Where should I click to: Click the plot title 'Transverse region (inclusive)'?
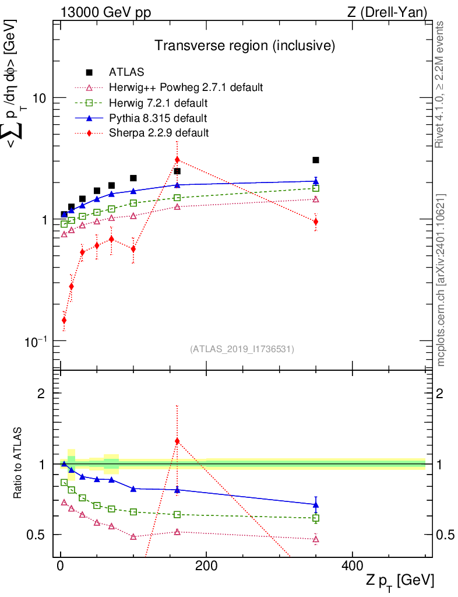point(244,45)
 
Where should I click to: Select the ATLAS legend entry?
point(126,72)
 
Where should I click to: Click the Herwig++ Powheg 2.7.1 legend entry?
point(186,87)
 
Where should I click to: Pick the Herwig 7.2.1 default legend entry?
point(158,103)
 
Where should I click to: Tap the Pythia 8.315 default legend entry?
point(158,118)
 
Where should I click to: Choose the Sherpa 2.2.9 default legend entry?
point(158,133)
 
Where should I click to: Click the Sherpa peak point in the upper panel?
point(177,160)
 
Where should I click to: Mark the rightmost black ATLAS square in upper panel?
point(315,160)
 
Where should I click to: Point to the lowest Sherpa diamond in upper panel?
point(64,320)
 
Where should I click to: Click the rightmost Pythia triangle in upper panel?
point(315,181)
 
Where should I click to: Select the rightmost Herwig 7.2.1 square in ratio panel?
point(315,518)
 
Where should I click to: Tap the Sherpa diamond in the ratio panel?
point(177,441)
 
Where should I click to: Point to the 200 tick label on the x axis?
point(206,567)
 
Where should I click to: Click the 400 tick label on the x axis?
point(351,567)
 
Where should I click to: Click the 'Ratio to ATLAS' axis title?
point(19,463)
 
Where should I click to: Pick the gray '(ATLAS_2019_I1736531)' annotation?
point(242,349)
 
